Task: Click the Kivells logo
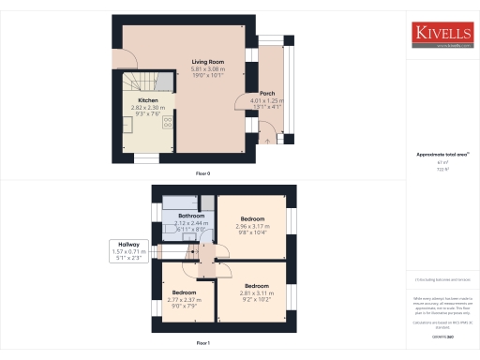443,35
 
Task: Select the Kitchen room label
148,100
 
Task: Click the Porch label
266,94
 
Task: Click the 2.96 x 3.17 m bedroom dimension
251,225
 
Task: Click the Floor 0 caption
202,174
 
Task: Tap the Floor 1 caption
202,344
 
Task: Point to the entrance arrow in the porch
270,139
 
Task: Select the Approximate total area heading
442,154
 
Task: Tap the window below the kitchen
145,158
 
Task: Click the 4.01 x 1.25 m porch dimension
266,100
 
